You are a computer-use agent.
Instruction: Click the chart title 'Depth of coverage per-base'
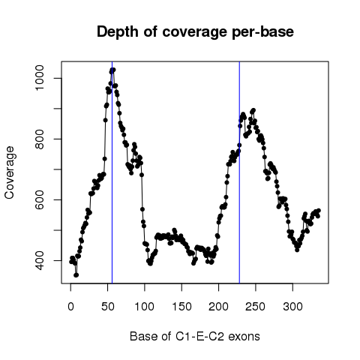click(x=195, y=32)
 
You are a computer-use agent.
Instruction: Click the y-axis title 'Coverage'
click(x=10, y=172)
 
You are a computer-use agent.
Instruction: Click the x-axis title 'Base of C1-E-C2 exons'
click(x=195, y=336)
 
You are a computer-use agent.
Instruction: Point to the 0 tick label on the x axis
click(x=70, y=307)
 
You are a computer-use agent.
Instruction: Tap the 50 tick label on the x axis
click(x=108, y=307)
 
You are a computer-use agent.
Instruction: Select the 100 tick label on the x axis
click(x=145, y=307)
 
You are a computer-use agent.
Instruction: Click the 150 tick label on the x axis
click(x=181, y=307)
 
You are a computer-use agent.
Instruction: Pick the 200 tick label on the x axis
click(x=219, y=307)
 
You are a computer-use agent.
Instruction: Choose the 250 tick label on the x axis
click(x=256, y=307)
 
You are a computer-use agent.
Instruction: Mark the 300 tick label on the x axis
click(x=292, y=307)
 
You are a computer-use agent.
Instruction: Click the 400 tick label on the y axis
click(x=39, y=260)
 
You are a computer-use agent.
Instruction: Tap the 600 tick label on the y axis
click(x=39, y=199)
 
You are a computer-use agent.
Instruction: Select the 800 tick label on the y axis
click(x=39, y=139)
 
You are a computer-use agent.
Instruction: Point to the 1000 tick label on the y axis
click(x=39, y=78)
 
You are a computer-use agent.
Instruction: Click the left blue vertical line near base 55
click(x=112, y=172)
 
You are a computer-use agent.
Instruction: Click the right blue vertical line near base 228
click(x=239, y=172)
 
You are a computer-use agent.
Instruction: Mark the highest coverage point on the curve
click(x=113, y=70)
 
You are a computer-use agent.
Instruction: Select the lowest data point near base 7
click(x=76, y=275)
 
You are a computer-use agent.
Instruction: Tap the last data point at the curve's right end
click(x=319, y=211)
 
